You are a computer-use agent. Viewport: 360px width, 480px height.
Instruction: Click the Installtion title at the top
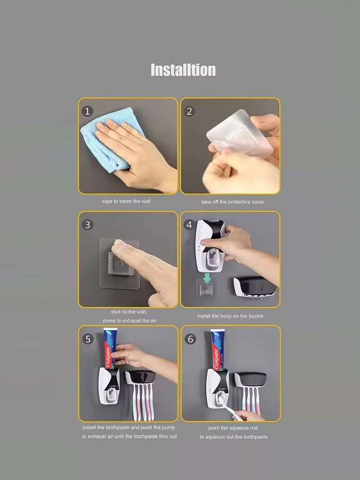coord(183,70)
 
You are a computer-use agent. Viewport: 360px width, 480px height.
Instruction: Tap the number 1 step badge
coord(87,111)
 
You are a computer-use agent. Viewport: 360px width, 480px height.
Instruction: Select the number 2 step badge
coord(189,111)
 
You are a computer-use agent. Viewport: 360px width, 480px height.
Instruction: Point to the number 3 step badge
coord(88,225)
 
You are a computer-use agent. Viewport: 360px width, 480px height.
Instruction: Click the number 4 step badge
coord(189,225)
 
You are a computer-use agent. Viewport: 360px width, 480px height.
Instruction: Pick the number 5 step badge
coord(88,339)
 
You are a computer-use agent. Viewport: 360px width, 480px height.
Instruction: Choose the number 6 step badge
coord(190,339)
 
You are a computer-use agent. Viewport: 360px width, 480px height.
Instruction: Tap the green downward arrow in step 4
coord(207,278)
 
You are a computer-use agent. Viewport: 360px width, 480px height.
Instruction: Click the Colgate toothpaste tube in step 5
coord(110,348)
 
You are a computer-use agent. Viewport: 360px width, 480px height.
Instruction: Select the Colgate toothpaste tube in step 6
coord(217,349)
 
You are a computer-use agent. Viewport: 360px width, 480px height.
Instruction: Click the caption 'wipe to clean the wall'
coord(126,201)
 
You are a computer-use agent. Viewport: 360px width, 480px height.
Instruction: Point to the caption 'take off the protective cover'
coord(233,202)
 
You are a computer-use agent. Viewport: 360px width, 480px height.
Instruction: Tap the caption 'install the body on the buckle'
coord(230,316)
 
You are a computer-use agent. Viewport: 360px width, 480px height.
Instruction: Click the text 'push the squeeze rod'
coord(233,427)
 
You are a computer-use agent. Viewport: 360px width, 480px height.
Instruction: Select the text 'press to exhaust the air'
coord(130,321)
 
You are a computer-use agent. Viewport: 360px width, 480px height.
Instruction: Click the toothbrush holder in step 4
coord(255,287)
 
